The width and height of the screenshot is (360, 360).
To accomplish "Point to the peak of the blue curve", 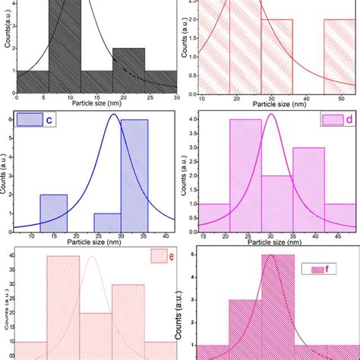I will [113, 115].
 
